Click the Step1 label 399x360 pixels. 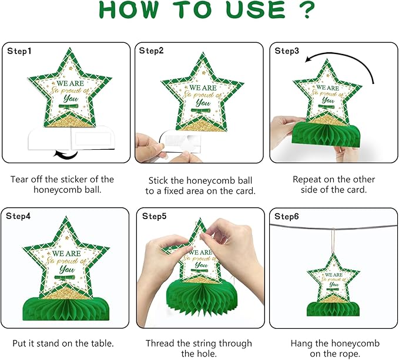(x=19, y=51)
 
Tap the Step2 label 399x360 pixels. (x=152, y=51)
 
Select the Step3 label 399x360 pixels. (x=287, y=51)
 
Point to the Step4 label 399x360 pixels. (x=18, y=216)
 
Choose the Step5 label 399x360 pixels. (x=154, y=216)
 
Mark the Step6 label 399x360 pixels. (x=287, y=216)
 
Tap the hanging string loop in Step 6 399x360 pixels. (x=333, y=240)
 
